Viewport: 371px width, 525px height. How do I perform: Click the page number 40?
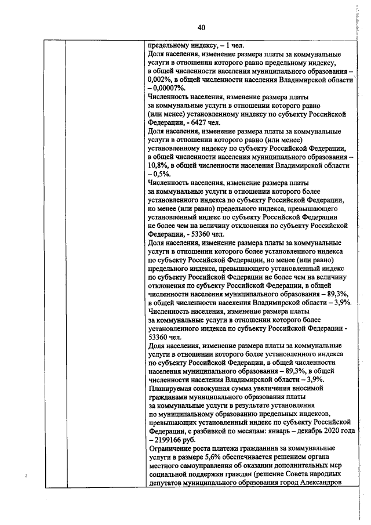point(201,27)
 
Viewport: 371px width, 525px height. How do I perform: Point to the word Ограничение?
point(172,448)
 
